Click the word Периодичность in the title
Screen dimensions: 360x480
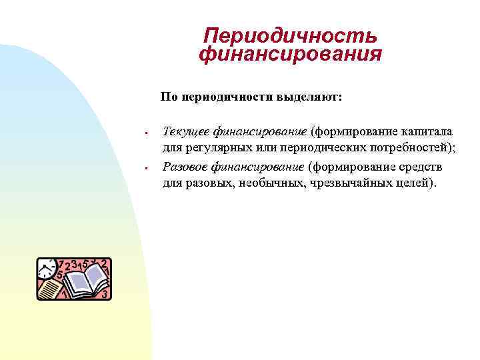(290, 35)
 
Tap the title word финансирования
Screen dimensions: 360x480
(290, 54)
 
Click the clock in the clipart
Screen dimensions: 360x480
(47, 269)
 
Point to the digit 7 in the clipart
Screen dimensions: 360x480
(61, 264)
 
